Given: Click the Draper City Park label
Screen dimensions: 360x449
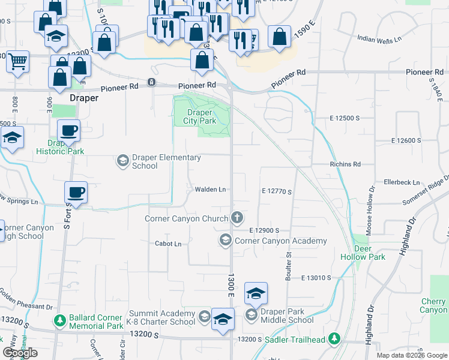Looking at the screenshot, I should coord(199,116).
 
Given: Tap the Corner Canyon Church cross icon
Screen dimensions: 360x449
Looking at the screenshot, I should coord(238,217).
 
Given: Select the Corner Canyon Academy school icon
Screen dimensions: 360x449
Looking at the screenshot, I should coord(226,241).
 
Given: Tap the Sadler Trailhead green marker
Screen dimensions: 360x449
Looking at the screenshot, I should coord(334,340).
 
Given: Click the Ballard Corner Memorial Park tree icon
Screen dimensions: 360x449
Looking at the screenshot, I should coord(60,322).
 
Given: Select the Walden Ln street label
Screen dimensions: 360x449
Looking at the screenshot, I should coord(210,190).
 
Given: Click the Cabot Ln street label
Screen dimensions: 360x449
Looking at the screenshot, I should coord(168,244).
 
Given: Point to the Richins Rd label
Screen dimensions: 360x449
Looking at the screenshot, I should coord(345,164).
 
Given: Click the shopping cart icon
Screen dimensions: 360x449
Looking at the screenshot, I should coord(17,61).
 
